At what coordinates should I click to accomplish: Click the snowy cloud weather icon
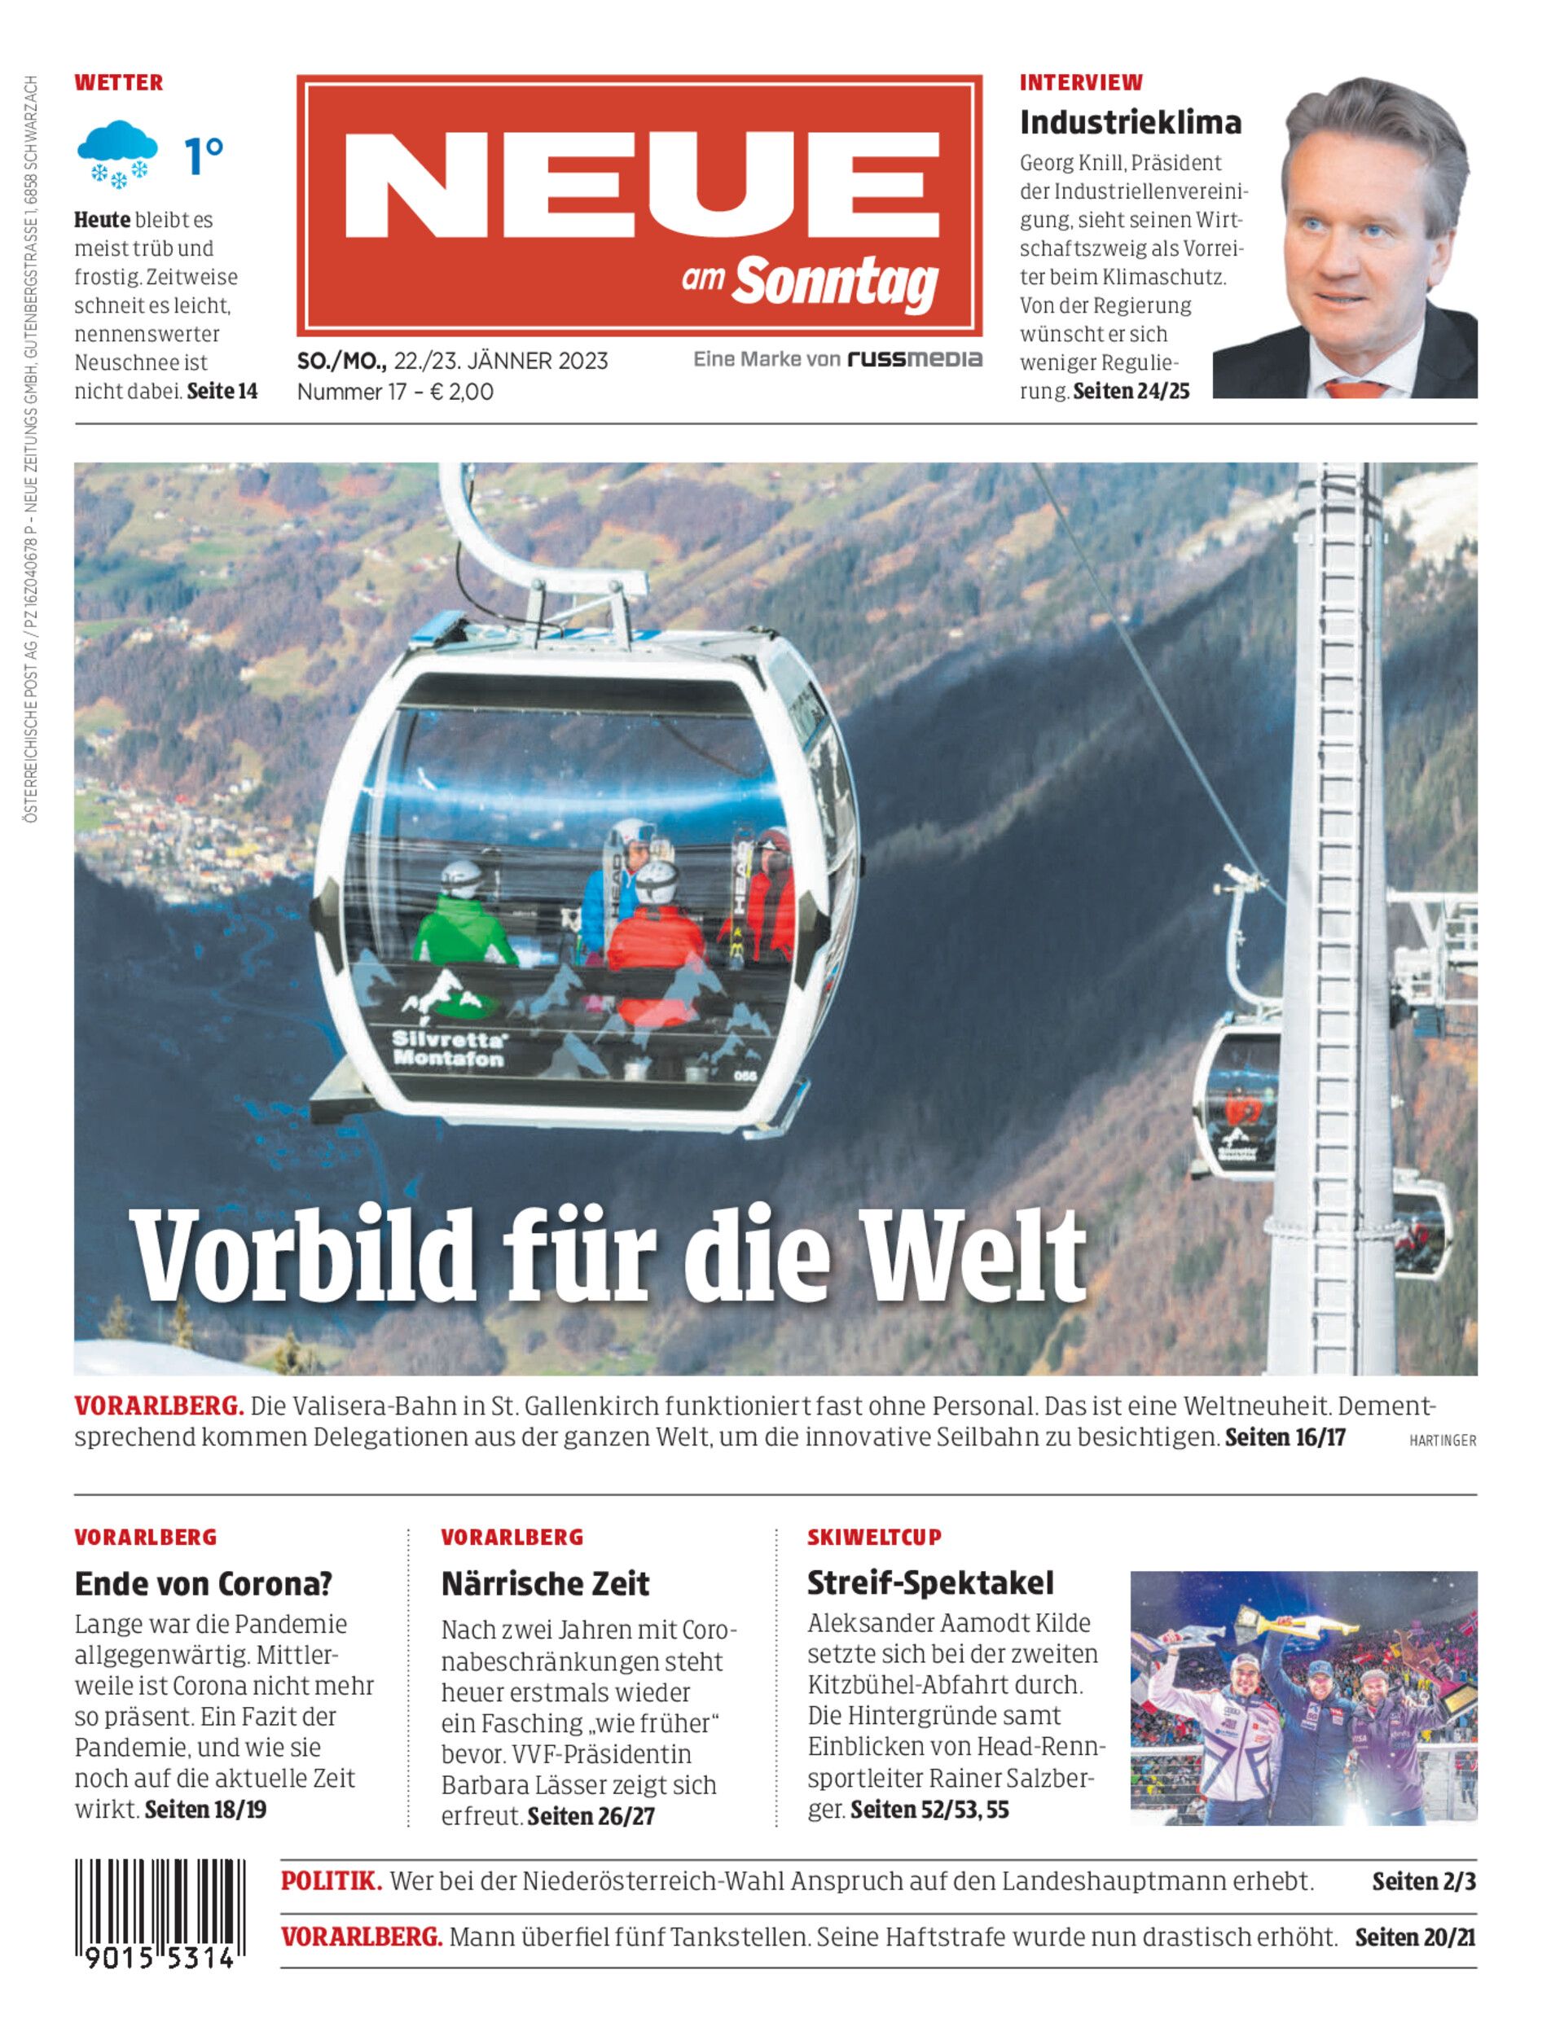pos(116,154)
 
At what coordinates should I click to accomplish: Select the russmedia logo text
pos(914,359)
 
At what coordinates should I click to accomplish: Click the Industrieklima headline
pos(1130,123)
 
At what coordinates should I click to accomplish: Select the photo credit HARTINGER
pos(1442,1441)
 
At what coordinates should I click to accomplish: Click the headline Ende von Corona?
pos(203,1584)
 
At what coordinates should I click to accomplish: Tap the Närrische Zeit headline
pos(545,1584)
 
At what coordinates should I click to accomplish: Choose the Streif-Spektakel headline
pos(929,1583)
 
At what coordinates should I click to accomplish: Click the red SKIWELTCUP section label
pos(874,1538)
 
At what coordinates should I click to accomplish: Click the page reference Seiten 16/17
pos(1285,1437)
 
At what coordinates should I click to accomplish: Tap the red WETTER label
pos(118,82)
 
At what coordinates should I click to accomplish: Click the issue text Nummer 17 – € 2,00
pos(395,392)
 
